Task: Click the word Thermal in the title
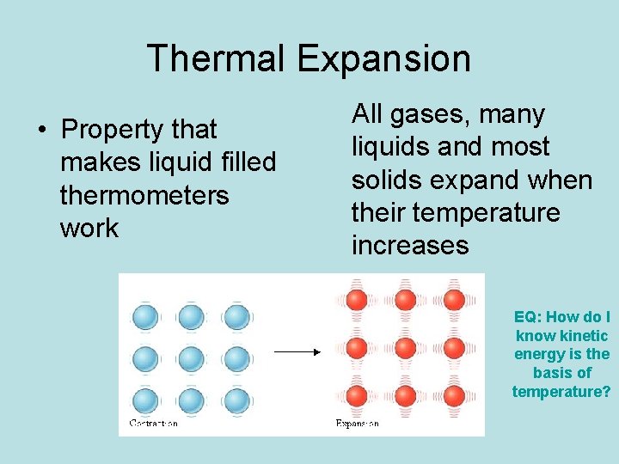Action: (217, 58)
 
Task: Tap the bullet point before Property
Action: (40, 131)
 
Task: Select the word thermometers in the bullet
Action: (144, 195)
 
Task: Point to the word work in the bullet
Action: (89, 228)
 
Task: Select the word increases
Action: (410, 245)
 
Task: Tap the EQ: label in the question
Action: (528, 317)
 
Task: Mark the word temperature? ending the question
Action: (561, 392)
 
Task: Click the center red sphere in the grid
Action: (404, 349)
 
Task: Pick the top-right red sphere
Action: (453, 300)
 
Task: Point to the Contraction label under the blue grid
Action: (153, 424)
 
